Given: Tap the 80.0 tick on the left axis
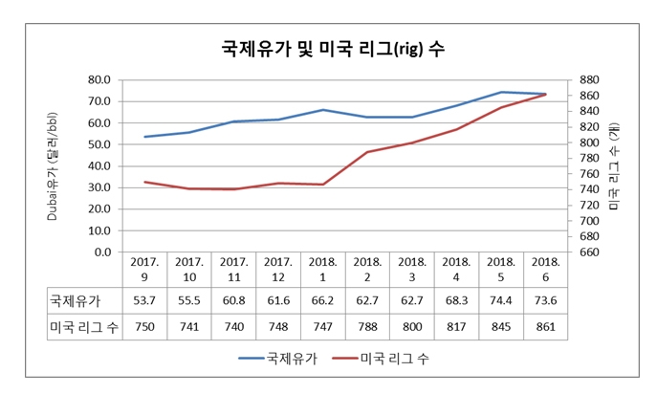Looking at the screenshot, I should [x=99, y=80].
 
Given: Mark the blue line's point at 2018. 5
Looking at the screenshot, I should [x=501, y=92].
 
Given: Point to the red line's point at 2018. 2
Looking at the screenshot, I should [x=368, y=152].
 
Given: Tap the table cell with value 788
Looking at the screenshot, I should [x=368, y=328].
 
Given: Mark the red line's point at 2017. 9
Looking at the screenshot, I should [x=144, y=182].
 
